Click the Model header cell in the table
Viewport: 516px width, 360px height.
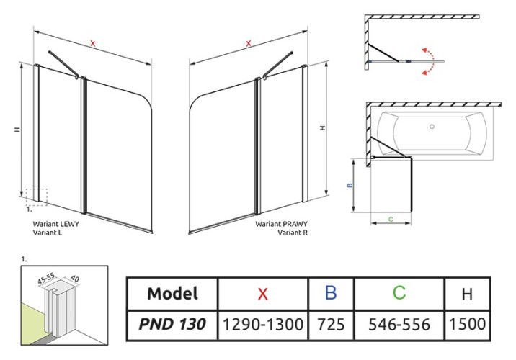pos(172,293)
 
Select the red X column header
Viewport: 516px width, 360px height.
pos(262,293)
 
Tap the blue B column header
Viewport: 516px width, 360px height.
pos(331,292)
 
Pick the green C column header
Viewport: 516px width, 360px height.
pos(399,292)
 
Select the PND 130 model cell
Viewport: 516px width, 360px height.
pos(172,324)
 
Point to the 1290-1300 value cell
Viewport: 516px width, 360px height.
pos(262,325)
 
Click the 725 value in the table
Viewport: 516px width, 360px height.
pos(331,325)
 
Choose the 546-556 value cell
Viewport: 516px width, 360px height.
pos(399,325)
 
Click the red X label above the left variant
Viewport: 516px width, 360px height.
pos(93,44)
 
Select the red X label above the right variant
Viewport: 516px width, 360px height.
pos(249,44)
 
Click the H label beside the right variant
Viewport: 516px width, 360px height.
pos(323,128)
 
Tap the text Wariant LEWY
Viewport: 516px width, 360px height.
pos(55,224)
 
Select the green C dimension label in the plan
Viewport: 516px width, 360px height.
pos(390,218)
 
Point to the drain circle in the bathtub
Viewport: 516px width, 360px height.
pos(432,129)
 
